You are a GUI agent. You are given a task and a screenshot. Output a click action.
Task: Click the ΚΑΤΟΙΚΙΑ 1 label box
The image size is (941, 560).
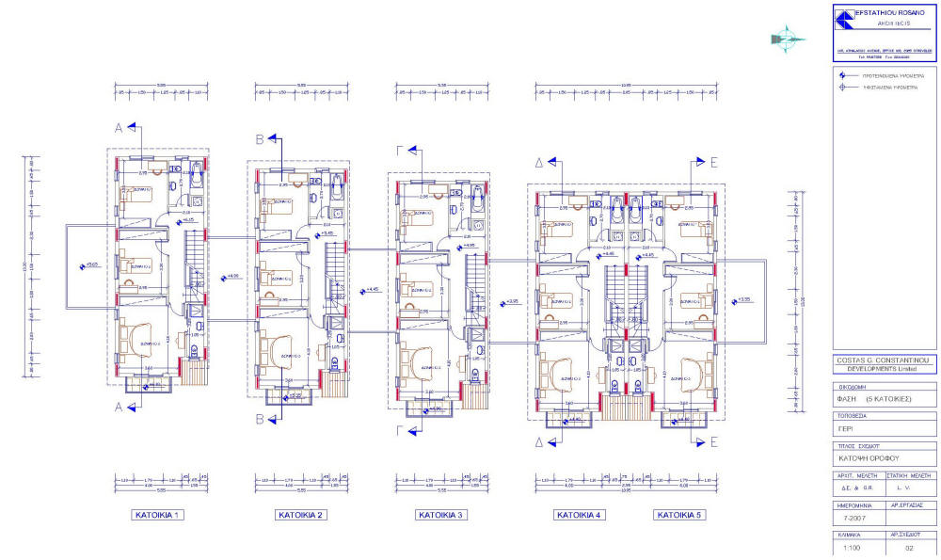coord(158,516)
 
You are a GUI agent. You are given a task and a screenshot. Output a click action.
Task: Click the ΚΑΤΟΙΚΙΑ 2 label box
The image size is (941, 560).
coord(301,516)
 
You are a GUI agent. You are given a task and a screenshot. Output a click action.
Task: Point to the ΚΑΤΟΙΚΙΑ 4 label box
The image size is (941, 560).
coord(581,516)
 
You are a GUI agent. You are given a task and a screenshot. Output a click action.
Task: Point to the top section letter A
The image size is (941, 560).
coord(120,127)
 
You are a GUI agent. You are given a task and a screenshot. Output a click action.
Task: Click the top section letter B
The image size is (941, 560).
coord(261,140)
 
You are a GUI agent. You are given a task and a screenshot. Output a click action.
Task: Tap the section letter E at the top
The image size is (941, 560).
coord(713,162)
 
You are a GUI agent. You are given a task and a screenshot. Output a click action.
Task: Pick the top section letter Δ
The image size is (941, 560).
coord(540,162)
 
